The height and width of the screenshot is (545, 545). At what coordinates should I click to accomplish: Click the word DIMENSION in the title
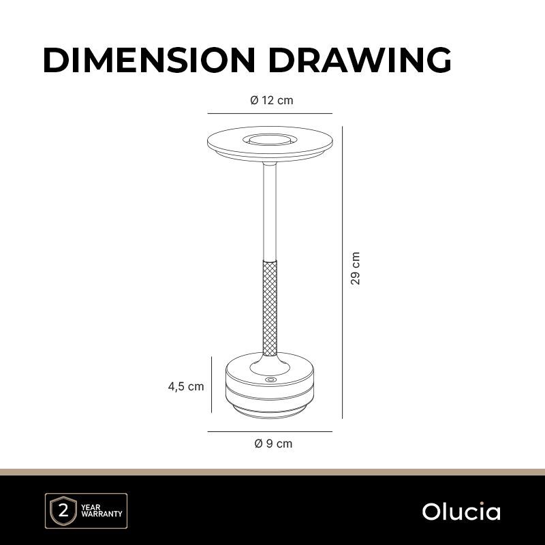149,60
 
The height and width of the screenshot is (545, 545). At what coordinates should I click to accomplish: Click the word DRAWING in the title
360,60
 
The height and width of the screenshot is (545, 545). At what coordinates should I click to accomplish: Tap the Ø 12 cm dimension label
271,100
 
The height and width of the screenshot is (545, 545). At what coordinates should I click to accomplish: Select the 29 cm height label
355,268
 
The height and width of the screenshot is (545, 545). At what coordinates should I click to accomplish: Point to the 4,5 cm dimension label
186,386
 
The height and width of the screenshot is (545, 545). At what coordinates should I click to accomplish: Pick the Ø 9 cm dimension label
274,443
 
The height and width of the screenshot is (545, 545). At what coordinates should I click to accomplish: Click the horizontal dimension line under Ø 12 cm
270,113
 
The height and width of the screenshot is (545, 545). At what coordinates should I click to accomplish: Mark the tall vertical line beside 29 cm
343,272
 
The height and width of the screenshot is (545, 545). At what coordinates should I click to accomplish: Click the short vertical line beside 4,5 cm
212,384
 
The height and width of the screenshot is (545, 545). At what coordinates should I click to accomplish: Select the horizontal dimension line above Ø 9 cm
270,432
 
